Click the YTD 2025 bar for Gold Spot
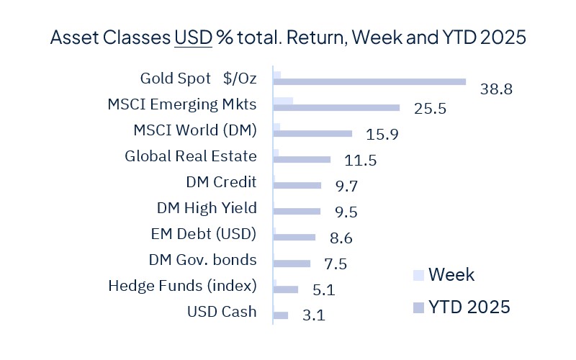(x=369, y=82)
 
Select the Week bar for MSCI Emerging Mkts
(x=284, y=100)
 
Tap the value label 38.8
(x=496, y=90)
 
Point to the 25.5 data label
(x=430, y=109)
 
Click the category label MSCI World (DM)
(x=195, y=130)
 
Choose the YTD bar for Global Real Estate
(x=302, y=159)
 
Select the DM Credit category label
(x=221, y=182)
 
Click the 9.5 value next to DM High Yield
(x=346, y=212)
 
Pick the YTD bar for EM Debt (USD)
(x=294, y=237)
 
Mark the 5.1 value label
(x=324, y=290)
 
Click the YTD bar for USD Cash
(x=281, y=315)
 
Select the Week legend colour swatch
(x=418, y=275)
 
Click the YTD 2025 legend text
(x=469, y=307)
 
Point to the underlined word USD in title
(x=193, y=38)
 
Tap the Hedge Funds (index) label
(x=182, y=286)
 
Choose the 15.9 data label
(x=382, y=135)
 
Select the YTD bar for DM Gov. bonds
(x=292, y=264)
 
